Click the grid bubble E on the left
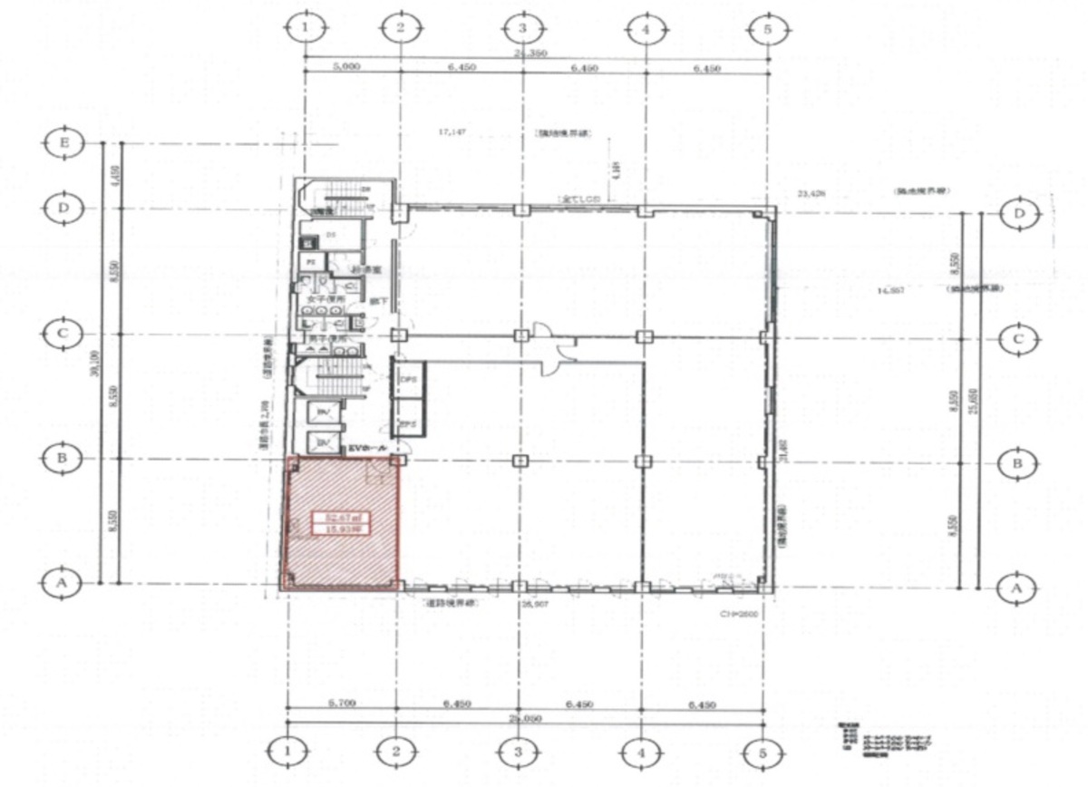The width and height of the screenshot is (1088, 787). [x=63, y=142]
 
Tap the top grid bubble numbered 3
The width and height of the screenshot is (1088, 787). [x=522, y=28]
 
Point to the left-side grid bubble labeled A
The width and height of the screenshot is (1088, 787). [x=63, y=584]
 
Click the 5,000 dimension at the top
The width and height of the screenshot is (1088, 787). [x=348, y=68]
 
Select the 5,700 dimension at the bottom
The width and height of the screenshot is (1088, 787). [x=340, y=703]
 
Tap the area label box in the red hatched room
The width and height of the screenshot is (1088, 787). [x=342, y=526]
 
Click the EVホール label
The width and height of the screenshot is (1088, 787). [x=367, y=447]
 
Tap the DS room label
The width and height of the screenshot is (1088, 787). [x=332, y=235]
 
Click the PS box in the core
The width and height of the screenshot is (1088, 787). [x=309, y=261]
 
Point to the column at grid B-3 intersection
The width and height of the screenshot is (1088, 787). [x=520, y=461]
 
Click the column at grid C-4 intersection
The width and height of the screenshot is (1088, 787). [x=644, y=336]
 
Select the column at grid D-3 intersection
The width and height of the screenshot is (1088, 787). [x=521, y=210]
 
